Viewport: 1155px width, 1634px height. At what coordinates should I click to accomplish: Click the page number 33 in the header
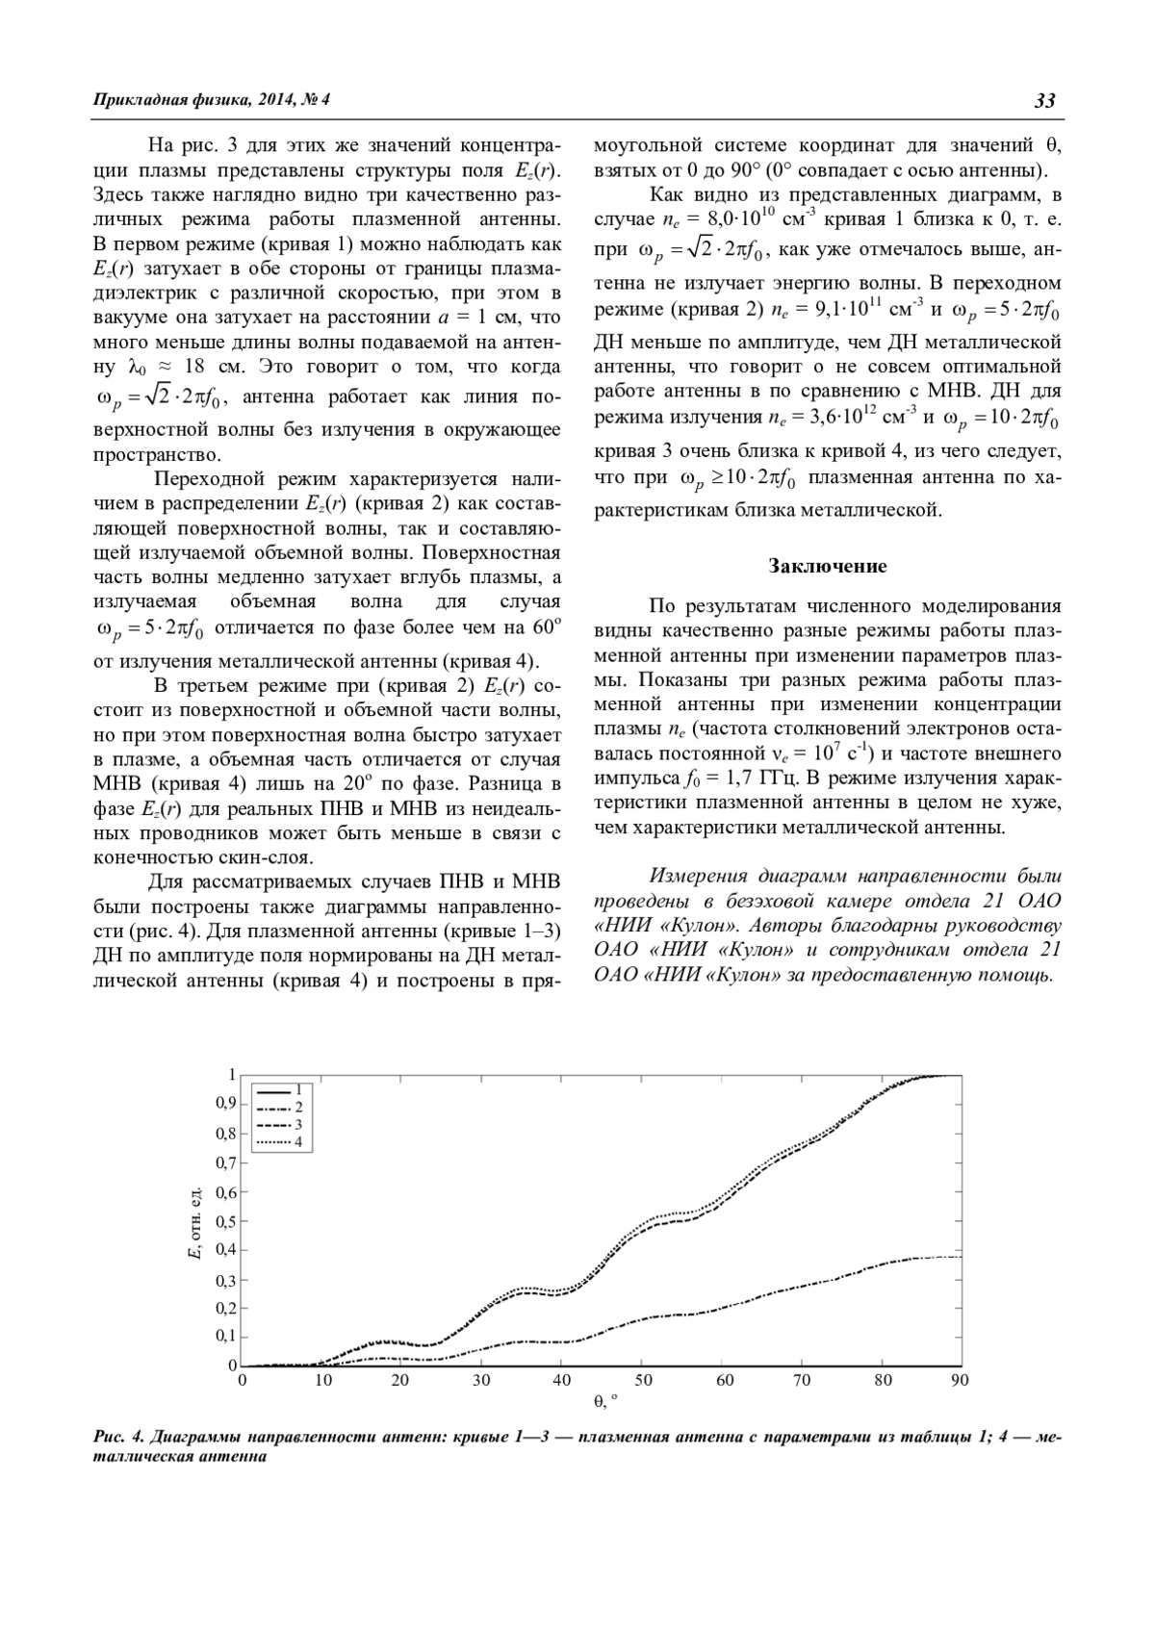click(1045, 100)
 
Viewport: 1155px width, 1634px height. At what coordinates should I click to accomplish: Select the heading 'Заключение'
click(828, 566)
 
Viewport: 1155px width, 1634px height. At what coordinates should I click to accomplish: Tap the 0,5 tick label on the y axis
click(225, 1222)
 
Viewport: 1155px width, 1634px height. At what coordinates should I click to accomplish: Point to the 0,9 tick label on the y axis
click(225, 1104)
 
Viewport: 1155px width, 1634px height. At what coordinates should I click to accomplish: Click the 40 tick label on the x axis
click(562, 1380)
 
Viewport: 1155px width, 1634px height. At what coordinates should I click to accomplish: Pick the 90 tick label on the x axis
click(960, 1380)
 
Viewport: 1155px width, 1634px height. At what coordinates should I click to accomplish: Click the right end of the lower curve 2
click(961, 1256)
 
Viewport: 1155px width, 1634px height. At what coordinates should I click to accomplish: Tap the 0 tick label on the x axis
click(242, 1380)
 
